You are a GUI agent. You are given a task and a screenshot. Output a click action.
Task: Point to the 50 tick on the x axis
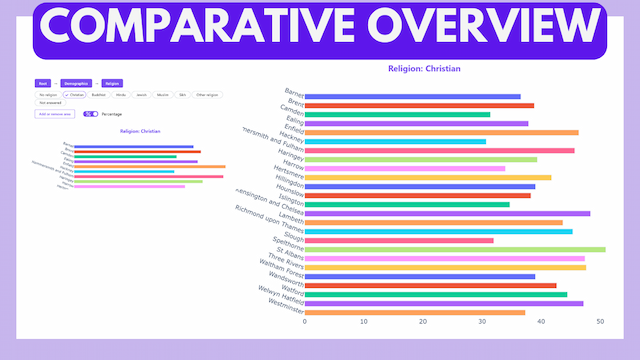tap(600, 322)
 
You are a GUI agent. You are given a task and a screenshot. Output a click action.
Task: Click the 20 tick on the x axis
tap(423, 322)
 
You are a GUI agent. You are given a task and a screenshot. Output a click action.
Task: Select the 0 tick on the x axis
tap(305, 322)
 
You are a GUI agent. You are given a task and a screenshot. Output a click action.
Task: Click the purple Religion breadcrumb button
tap(112, 83)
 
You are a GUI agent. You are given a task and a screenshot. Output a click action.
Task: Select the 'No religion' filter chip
tap(48, 94)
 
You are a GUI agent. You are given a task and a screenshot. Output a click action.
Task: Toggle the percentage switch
tap(90, 114)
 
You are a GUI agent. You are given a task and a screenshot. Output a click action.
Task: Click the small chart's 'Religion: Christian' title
tap(139, 131)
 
